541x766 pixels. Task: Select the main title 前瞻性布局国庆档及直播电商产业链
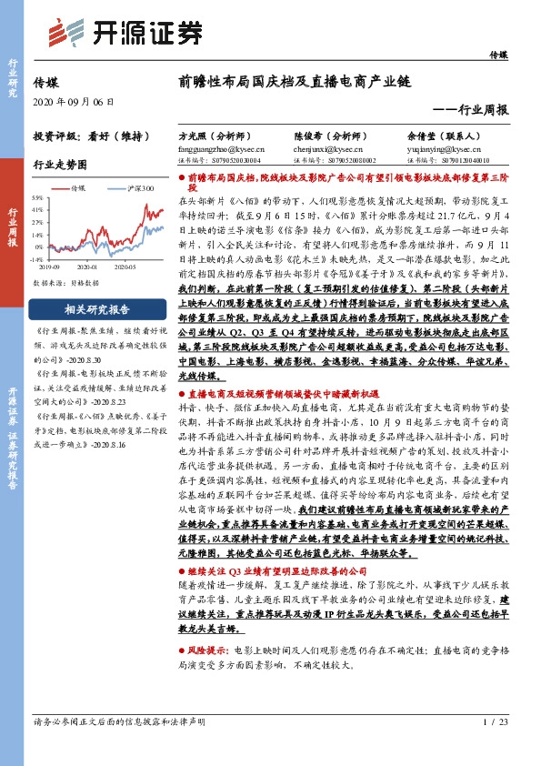[296, 80]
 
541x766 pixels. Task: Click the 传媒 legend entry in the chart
[78, 187]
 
